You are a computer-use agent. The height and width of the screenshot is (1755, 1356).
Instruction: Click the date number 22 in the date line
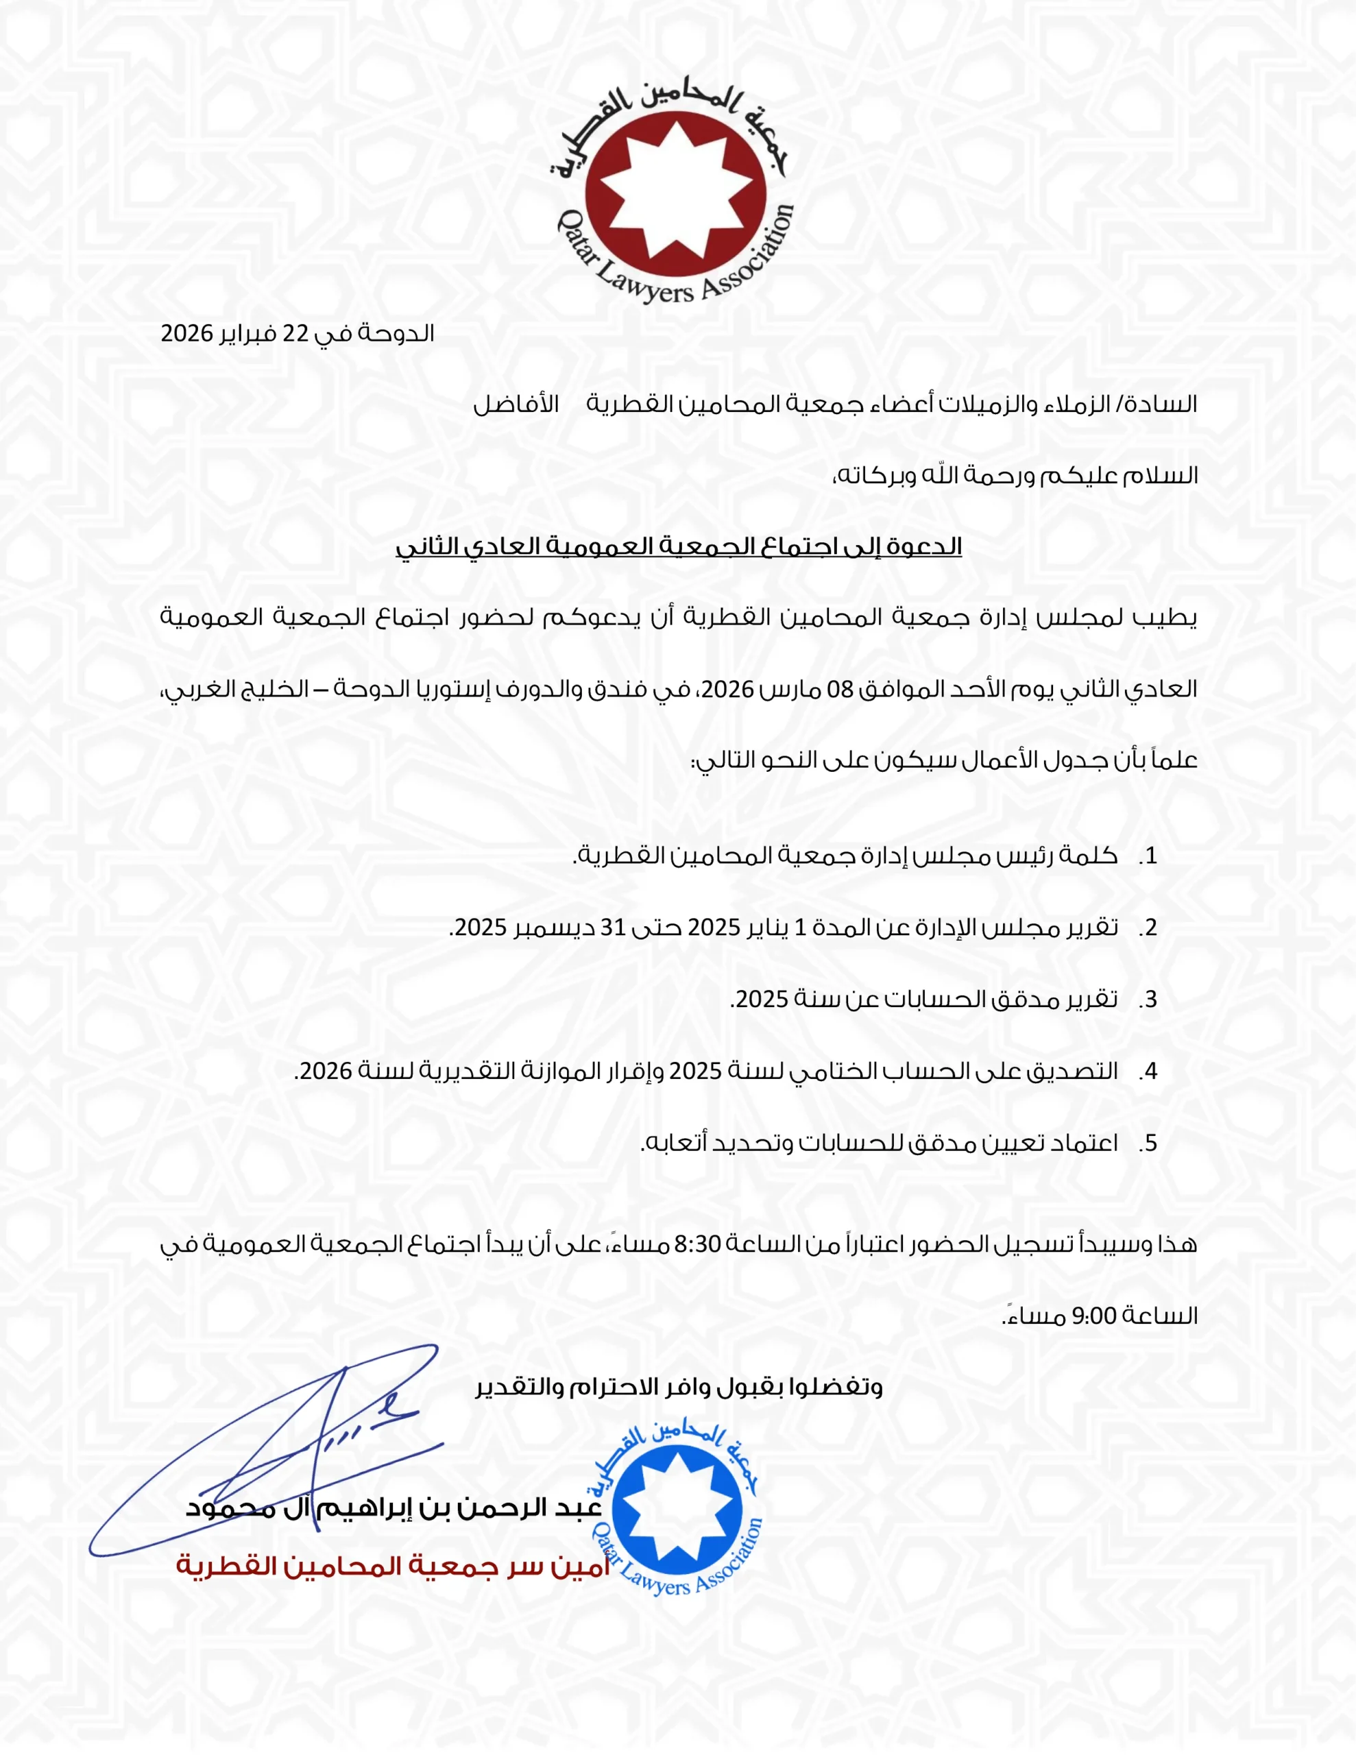point(295,333)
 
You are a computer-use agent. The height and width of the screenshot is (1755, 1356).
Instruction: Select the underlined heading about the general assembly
point(679,547)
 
